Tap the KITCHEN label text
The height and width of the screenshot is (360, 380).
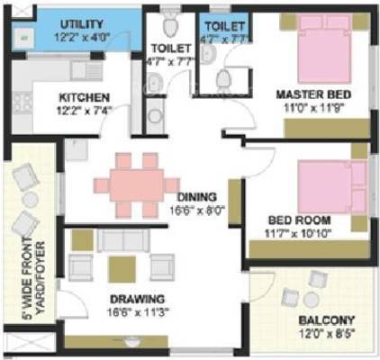coord(85,97)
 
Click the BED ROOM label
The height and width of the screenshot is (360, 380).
coord(299,220)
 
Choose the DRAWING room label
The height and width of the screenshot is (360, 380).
coord(137,299)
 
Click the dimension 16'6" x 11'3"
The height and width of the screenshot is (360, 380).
coord(138,312)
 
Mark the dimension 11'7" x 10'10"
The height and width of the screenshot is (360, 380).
coord(300,233)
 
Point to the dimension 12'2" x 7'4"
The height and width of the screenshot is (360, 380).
coord(86,111)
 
